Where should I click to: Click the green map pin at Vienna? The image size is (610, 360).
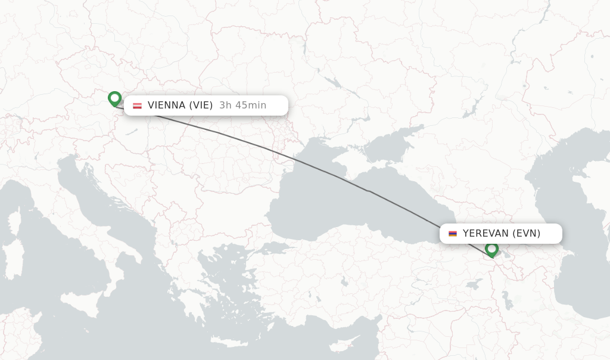pyautogui.click(x=114, y=98)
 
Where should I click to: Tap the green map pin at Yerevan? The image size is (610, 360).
pyautogui.click(x=491, y=249)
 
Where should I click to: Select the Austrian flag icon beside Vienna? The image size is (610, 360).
pyautogui.click(x=137, y=106)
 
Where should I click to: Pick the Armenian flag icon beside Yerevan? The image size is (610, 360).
pyautogui.click(x=453, y=234)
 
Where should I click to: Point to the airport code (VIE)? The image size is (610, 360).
pyautogui.click(x=201, y=105)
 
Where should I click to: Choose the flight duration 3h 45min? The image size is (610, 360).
pyautogui.click(x=242, y=105)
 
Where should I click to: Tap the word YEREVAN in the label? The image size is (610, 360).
pyautogui.click(x=485, y=234)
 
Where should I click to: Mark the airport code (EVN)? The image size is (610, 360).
pyautogui.click(x=526, y=234)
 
